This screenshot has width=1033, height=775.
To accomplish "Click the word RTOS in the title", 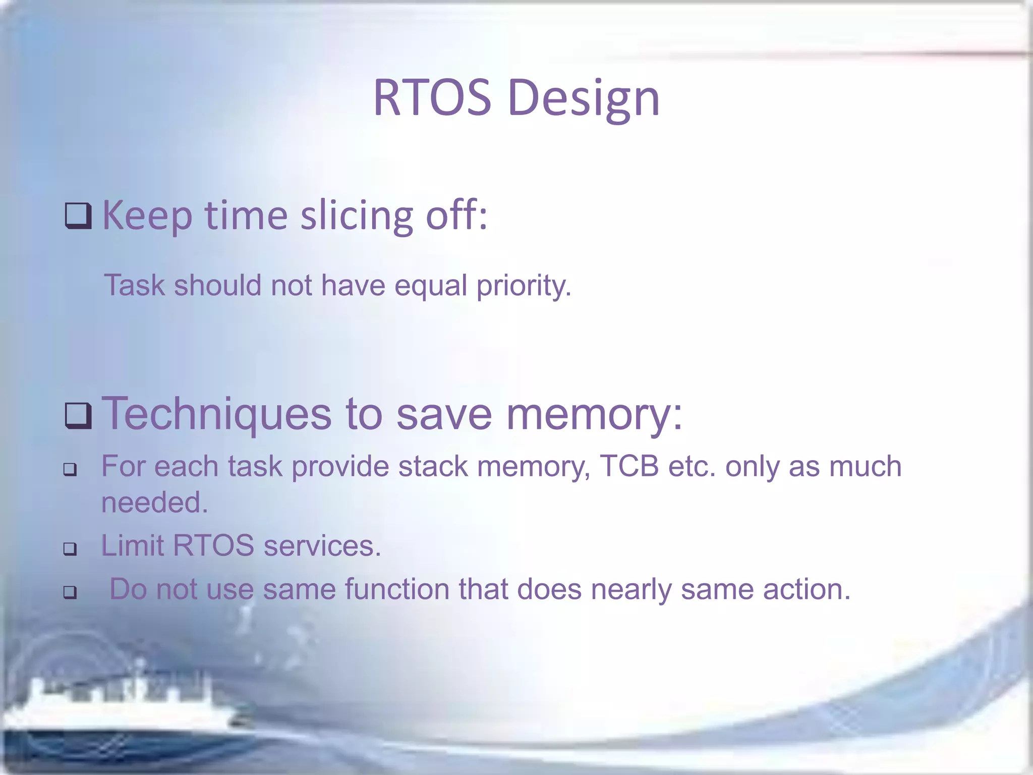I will (x=432, y=98).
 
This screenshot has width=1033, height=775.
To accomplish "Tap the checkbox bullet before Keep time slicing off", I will (x=78, y=216).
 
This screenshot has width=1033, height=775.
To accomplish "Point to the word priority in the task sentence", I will (x=524, y=286).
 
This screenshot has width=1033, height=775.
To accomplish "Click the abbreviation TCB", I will (x=629, y=466).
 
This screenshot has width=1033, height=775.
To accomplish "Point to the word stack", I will (x=433, y=466).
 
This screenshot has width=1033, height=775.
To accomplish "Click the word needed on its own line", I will (x=154, y=503).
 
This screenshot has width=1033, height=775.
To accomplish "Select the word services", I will (x=322, y=546).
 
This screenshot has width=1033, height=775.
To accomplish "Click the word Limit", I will (x=132, y=546).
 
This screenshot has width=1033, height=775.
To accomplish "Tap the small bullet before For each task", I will (x=70, y=470).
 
